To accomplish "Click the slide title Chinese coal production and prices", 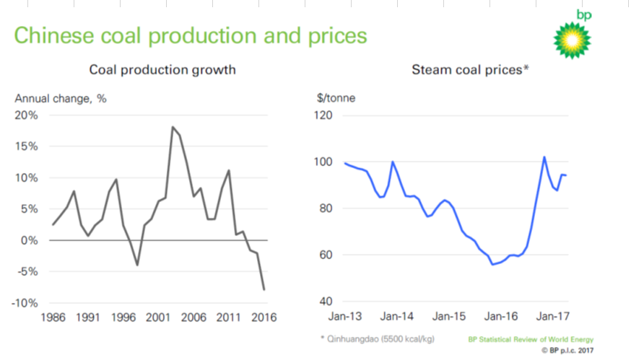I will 191,35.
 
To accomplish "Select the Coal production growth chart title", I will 162,70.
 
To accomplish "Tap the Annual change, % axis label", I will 61,99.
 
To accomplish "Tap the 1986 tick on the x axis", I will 51,317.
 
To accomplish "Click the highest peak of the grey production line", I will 173,127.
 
